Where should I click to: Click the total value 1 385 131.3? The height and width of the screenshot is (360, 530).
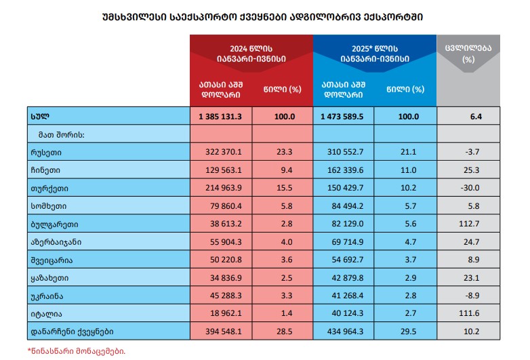click(221, 117)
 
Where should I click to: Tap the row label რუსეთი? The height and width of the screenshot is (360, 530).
click(45, 153)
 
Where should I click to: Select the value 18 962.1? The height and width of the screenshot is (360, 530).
click(221, 313)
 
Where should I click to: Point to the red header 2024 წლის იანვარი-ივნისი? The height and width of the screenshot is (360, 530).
click(251, 54)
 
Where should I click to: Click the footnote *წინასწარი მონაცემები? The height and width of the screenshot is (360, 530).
click(77, 351)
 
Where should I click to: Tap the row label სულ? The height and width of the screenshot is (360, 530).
click(40, 117)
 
